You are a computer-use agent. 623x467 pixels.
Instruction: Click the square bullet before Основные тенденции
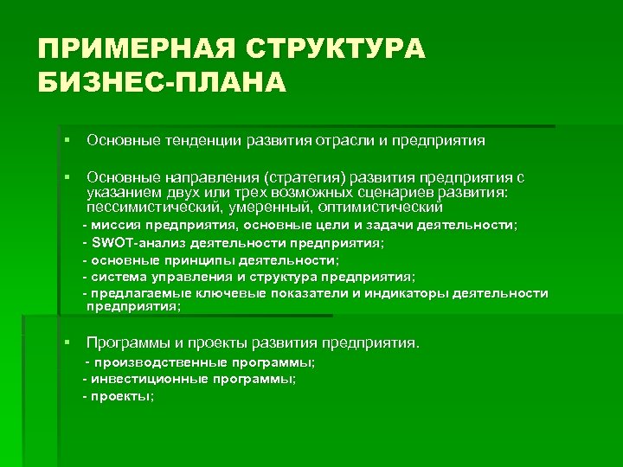pyautogui.click(x=66, y=139)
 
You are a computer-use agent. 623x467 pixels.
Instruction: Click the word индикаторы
pyautogui.click(x=417, y=293)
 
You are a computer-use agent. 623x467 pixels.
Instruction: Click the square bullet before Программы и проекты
pyautogui.click(x=66, y=343)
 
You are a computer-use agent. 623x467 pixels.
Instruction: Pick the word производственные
pyautogui.click(x=160, y=361)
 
